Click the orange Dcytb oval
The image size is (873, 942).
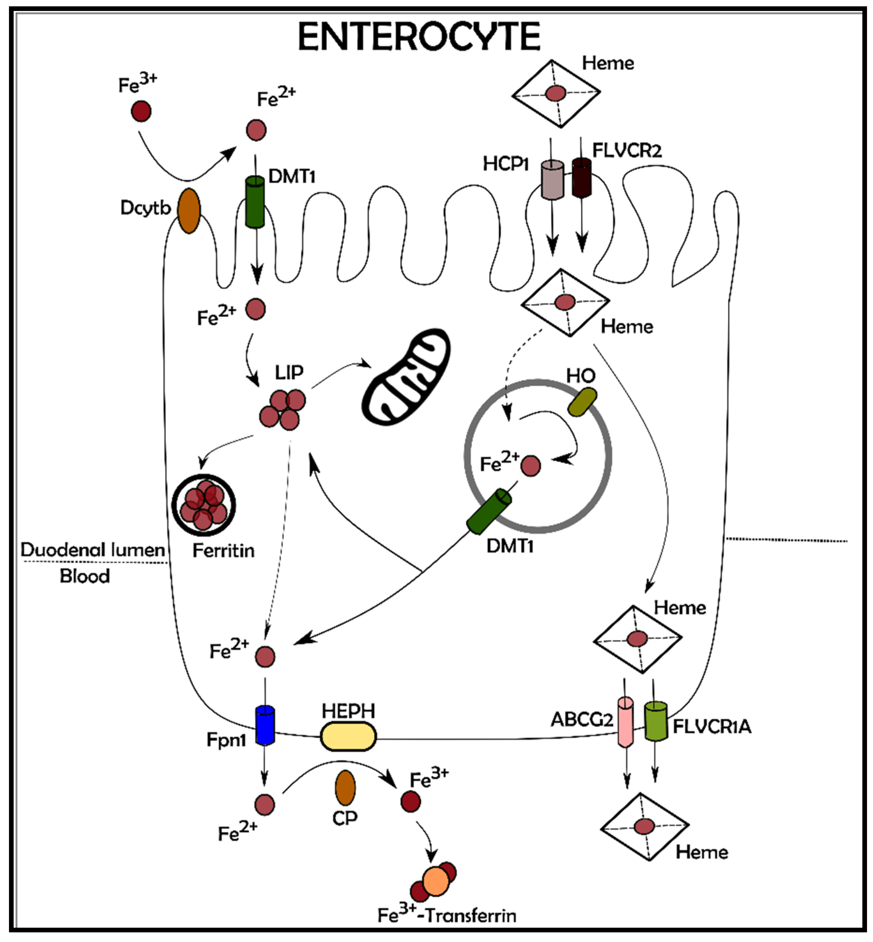[x=189, y=211]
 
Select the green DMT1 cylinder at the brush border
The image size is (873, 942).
[x=255, y=202]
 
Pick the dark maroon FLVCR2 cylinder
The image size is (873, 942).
[x=582, y=177]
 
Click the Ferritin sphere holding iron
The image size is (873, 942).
[x=204, y=505]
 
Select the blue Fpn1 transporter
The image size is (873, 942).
[x=265, y=725]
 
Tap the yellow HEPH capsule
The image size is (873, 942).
[x=348, y=736]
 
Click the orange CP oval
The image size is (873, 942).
[x=345, y=788]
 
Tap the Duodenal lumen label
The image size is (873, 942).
[x=92, y=550]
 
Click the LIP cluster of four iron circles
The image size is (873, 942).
[x=282, y=409]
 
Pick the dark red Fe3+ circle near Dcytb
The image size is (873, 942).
[x=141, y=111]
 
